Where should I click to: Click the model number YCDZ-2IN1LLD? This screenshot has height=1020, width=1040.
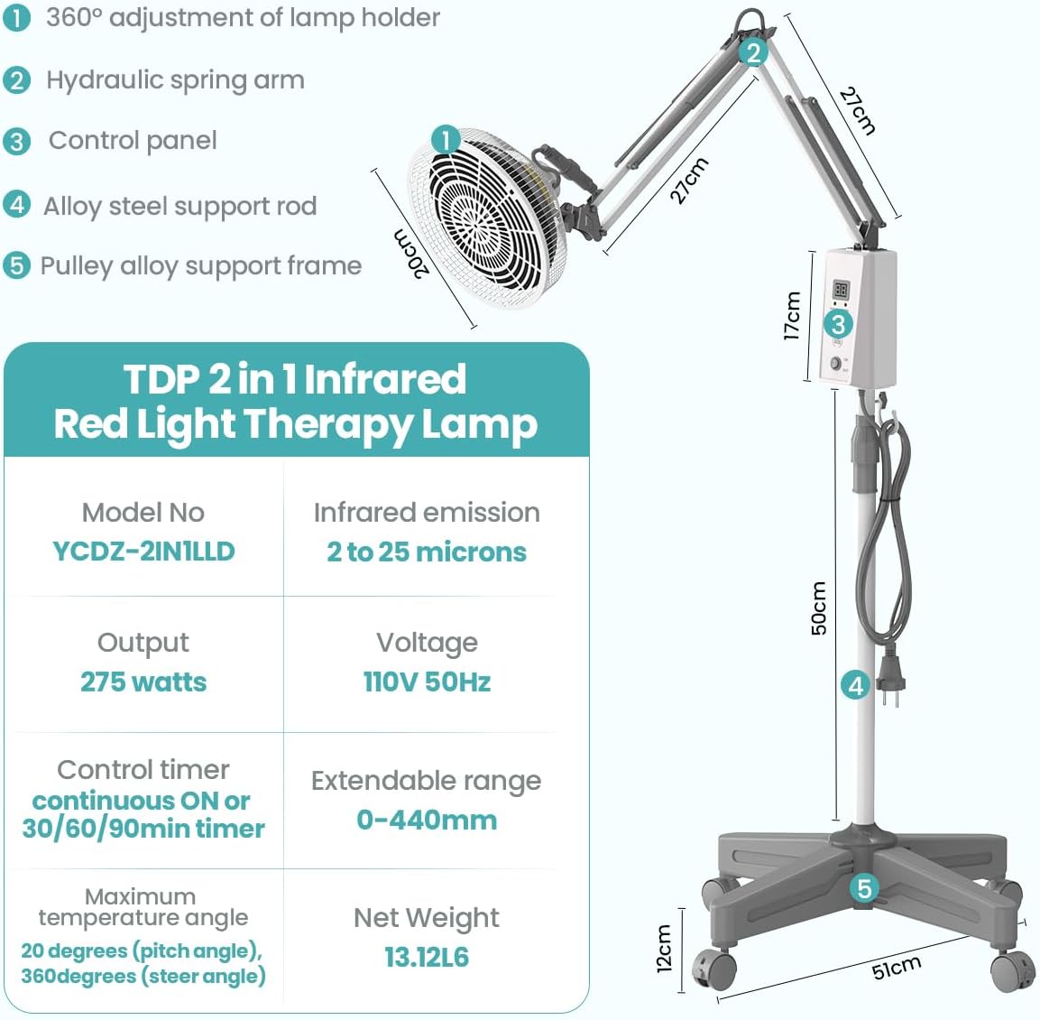(144, 552)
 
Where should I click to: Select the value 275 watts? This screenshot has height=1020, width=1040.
(143, 682)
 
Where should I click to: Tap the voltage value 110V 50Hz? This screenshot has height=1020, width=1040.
(428, 682)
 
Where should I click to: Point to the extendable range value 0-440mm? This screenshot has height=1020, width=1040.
(427, 821)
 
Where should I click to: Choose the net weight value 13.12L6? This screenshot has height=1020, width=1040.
(427, 957)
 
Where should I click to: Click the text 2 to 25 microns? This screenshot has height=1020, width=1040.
(427, 552)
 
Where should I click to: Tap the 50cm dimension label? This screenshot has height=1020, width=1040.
(819, 607)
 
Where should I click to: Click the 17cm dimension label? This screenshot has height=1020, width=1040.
(792, 316)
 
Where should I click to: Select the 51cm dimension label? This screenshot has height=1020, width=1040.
(896, 968)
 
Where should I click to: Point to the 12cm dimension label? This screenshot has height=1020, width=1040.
(664, 949)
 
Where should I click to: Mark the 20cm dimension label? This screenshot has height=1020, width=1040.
(411, 254)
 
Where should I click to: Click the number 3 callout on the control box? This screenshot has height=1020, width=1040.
(838, 324)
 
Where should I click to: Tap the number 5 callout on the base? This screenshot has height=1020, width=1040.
(863, 888)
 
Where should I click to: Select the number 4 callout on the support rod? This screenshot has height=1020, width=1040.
(855, 685)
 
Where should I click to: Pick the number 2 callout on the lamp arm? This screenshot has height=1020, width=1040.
(753, 52)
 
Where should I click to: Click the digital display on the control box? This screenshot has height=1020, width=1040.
(841, 290)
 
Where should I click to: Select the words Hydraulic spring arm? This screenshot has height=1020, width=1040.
(175, 81)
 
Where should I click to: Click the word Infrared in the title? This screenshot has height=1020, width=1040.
(384, 379)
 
